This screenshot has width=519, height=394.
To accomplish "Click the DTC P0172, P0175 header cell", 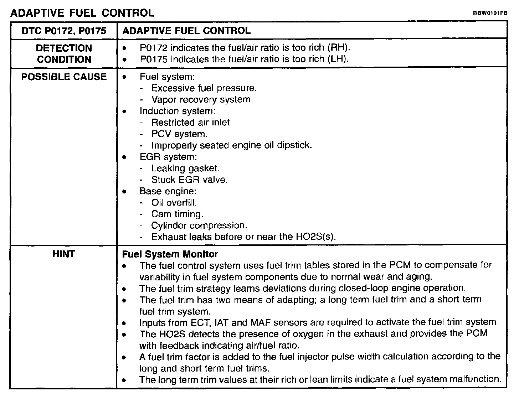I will tap(64, 31).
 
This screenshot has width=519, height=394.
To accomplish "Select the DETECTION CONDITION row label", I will tap(64, 54).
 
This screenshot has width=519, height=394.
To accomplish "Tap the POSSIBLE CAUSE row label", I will tap(64, 77).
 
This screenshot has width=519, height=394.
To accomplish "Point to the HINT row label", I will tap(64, 254).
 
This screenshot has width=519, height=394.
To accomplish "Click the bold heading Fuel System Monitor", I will tap(170, 254).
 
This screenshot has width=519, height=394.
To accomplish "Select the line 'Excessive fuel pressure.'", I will tap(204, 88).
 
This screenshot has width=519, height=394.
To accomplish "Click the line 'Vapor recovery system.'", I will tap(202, 99).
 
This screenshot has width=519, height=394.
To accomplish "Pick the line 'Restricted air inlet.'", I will tap(191, 123).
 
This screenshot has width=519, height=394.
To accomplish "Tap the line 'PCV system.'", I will tap(179, 134).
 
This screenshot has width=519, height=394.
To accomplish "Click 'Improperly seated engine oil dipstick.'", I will tap(231, 145).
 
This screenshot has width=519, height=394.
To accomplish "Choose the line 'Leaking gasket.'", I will tap(185, 168).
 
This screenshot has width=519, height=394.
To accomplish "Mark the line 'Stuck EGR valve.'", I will tap(189, 180).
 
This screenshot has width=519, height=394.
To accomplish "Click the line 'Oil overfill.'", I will tap(174, 203).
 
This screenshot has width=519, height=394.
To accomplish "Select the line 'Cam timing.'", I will tap(177, 214).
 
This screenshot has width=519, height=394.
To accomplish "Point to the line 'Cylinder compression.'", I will tap(199, 225).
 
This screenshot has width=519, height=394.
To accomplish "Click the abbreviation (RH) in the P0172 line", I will tap(339, 48).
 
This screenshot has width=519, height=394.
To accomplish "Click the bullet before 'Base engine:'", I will tap(124, 191).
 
